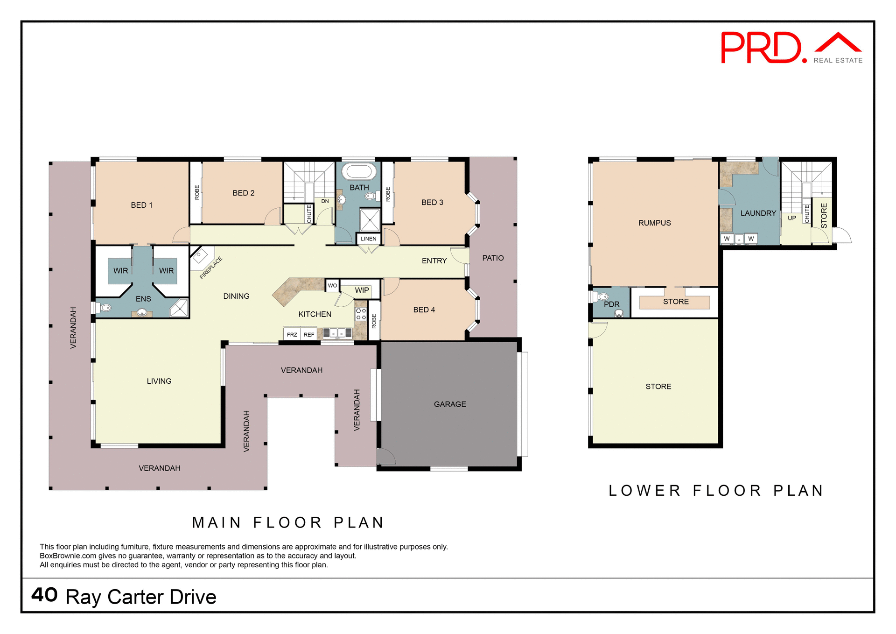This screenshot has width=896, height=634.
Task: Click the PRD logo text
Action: pos(762,48)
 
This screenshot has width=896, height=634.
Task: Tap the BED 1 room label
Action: pos(141,205)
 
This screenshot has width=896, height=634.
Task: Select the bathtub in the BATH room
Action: pos(359,171)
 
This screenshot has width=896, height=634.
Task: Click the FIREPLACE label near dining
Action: pos(210,268)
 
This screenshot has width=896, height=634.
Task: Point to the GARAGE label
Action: pos(449,404)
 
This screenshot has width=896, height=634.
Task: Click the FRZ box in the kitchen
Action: pos(292,334)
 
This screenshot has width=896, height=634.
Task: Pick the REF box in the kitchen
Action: pos(309,334)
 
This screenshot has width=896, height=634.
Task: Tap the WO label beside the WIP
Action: pos(332,285)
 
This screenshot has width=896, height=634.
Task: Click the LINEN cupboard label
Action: pos(368,239)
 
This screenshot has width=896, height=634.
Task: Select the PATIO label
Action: pos(493,258)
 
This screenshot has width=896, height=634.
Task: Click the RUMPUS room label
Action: pos(654,223)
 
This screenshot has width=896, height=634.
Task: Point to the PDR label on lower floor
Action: pos(611,304)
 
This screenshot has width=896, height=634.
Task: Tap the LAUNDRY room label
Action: pos(758,213)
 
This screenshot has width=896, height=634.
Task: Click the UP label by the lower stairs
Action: pos(792,218)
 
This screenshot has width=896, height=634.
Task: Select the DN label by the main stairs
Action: pos(325,201)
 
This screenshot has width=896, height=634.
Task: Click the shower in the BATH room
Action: pos(370,220)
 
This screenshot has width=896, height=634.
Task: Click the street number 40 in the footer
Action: pos(44,595)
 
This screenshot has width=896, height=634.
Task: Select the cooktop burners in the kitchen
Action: pos(361,314)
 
